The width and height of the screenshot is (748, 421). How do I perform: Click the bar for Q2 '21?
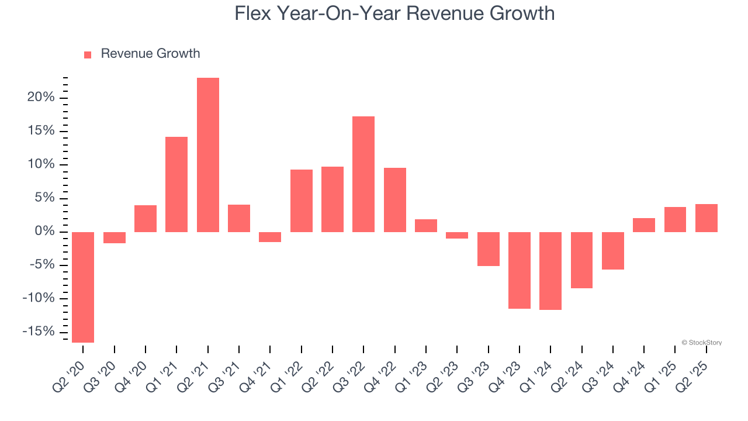click(208, 155)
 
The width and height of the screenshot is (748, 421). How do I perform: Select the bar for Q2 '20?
click(83, 287)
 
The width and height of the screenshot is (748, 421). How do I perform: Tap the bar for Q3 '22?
click(363, 174)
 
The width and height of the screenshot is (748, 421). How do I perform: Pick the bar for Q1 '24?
click(550, 271)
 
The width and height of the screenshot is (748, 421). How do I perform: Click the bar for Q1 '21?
click(176, 184)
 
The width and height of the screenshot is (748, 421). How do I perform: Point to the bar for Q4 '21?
click(270, 237)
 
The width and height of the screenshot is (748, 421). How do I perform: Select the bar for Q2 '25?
click(707, 218)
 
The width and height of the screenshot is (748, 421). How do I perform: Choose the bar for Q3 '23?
click(489, 249)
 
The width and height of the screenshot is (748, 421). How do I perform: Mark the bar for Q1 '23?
click(426, 226)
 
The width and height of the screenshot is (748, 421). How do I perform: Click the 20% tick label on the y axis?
click(41, 97)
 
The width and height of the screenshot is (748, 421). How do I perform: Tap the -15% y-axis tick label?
click(38, 332)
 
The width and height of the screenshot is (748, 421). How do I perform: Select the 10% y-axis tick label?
click(41, 164)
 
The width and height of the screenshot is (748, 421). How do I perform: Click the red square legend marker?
click(88, 54)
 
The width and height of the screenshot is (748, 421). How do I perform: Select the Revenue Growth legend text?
click(150, 54)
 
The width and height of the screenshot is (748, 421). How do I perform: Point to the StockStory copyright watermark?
click(701, 343)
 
